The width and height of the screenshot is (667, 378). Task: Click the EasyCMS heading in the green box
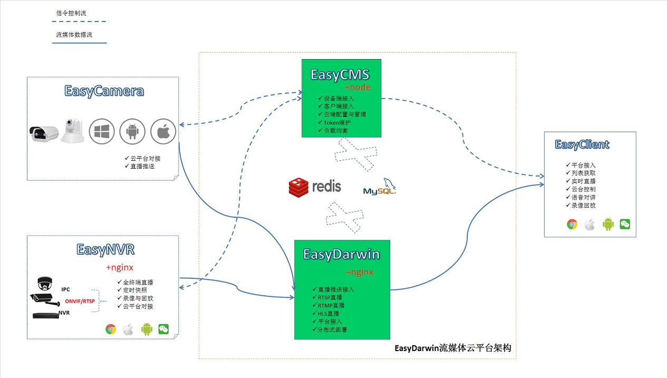340,74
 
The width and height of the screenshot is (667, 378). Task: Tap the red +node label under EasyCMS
357,87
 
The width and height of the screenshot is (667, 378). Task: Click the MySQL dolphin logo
380,187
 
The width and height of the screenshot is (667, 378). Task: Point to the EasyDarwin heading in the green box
341,255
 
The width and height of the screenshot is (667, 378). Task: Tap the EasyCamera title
104,91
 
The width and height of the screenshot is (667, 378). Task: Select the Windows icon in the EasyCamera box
102,131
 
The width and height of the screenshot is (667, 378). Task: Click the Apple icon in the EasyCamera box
163,131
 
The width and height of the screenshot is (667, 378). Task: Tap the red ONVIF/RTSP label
80,301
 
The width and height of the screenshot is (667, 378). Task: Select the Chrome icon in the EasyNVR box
110,329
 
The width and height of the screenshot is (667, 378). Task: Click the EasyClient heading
582,144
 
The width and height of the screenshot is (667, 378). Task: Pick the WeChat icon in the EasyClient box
625,224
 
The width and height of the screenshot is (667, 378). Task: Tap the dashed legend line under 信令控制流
79,22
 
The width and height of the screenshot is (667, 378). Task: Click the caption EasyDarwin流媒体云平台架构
452,348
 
